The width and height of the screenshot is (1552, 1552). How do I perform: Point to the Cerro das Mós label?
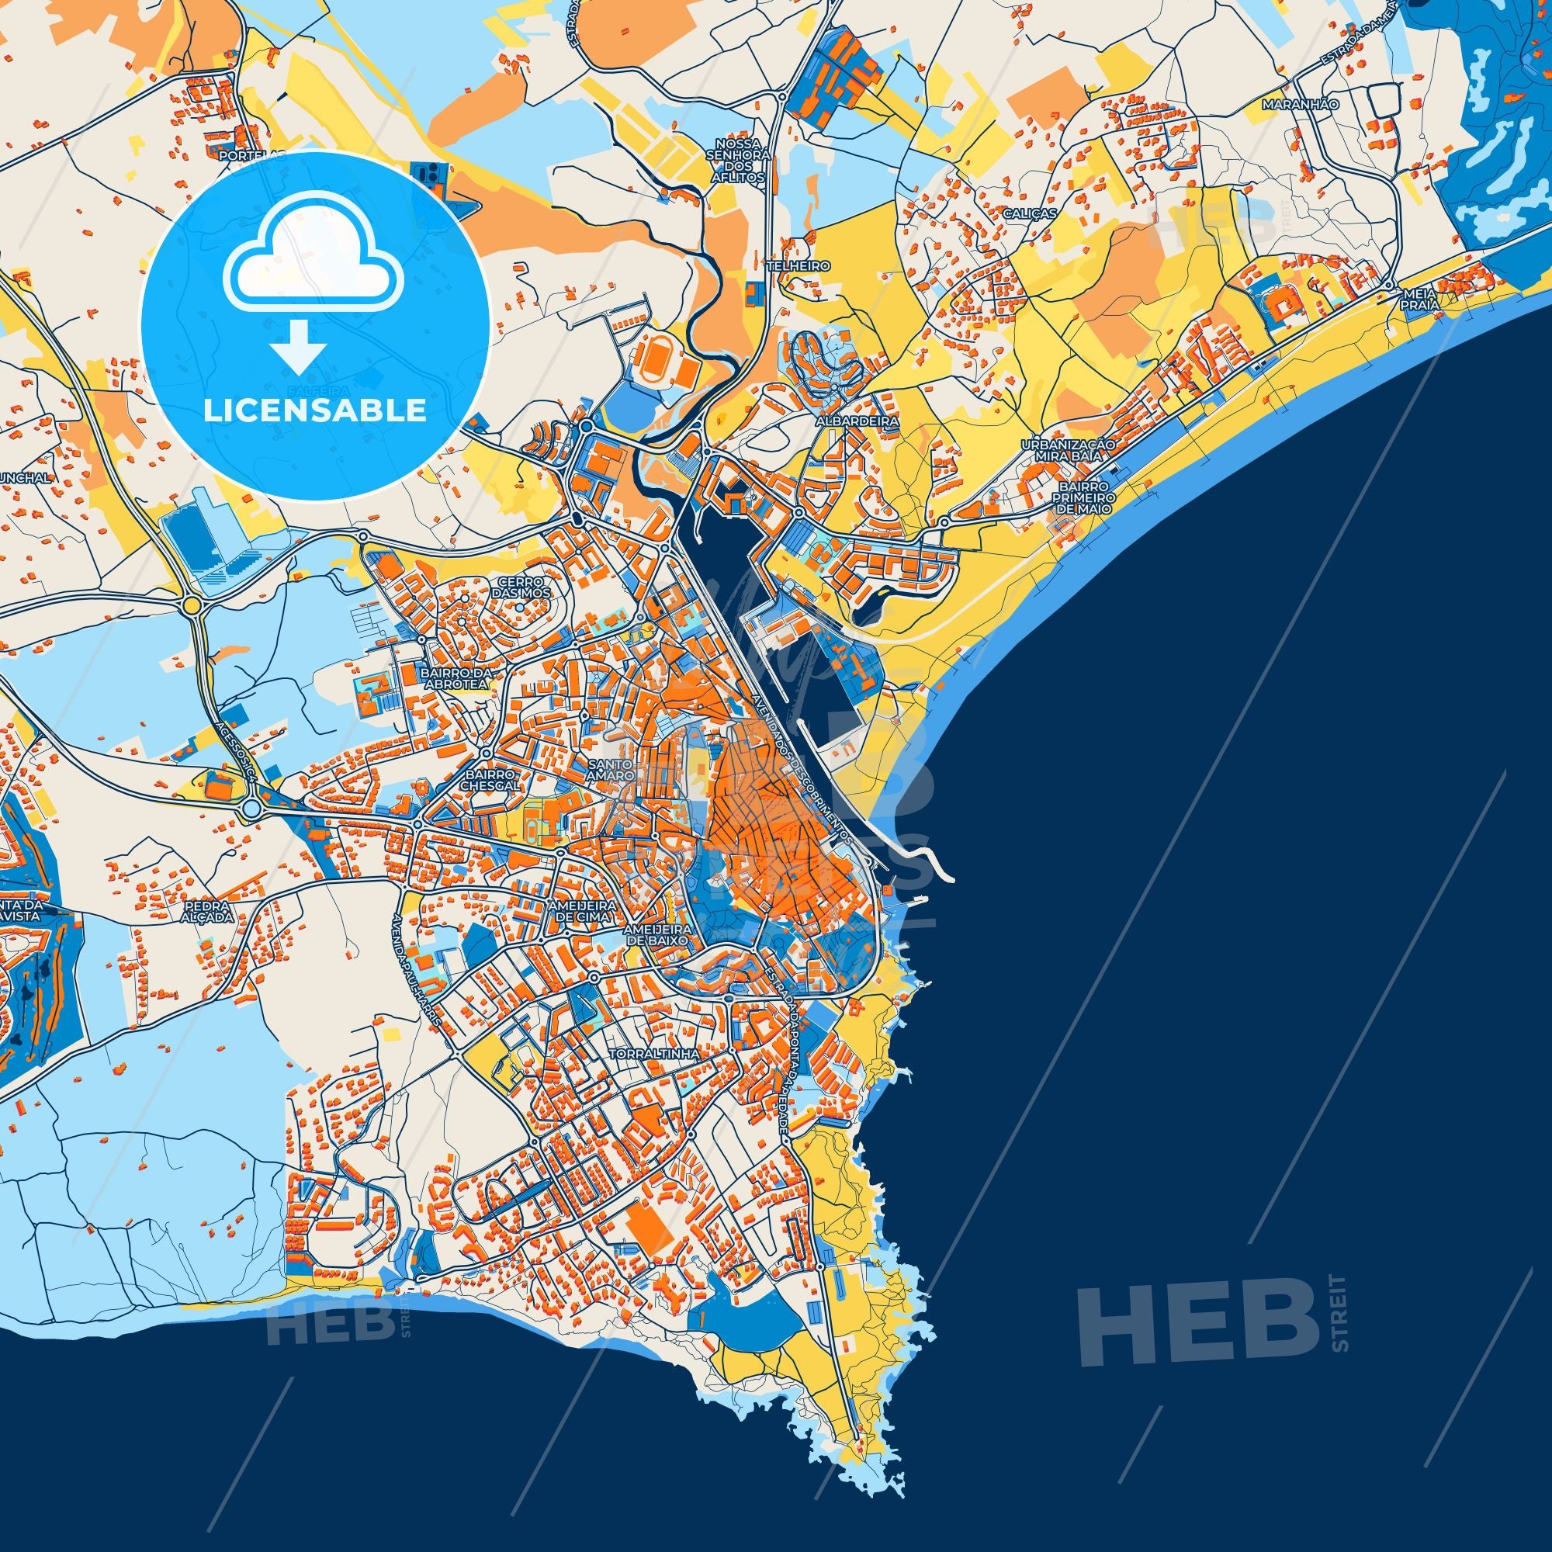tap(525, 587)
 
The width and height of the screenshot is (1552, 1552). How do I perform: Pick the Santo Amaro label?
tap(611, 771)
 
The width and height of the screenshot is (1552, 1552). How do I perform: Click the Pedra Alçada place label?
tap(206, 910)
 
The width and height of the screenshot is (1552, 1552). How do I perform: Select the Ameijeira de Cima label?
tap(581, 910)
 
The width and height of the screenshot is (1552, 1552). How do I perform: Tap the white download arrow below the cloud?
tap(298, 345)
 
